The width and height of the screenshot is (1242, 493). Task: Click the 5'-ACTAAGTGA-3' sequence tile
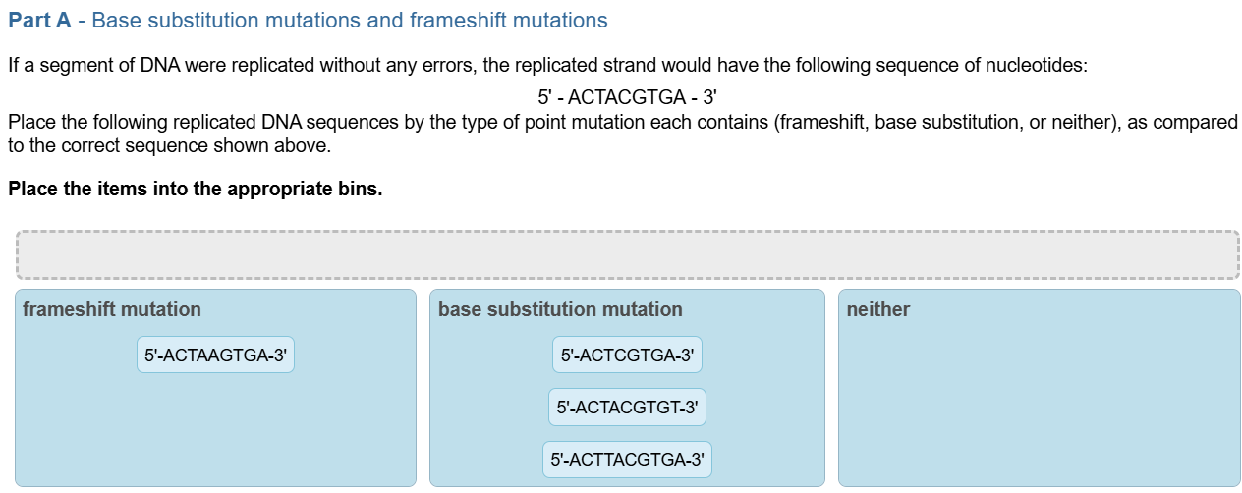click(x=215, y=355)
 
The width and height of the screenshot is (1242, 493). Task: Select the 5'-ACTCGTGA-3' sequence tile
click(x=627, y=355)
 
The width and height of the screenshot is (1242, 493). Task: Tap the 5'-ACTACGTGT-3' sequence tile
click(x=627, y=407)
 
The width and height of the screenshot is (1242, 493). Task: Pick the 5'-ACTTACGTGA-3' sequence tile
click(x=627, y=459)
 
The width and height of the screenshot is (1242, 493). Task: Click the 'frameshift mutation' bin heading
click(x=111, y=309)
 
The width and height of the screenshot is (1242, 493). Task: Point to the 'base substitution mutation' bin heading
click(x=560, y=309)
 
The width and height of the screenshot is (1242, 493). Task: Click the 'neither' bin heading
click(x=877, y=309)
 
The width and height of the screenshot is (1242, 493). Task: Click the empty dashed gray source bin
click(x=627, y=254)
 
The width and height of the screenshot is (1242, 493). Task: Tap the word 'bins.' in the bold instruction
click(x=360, y=189)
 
